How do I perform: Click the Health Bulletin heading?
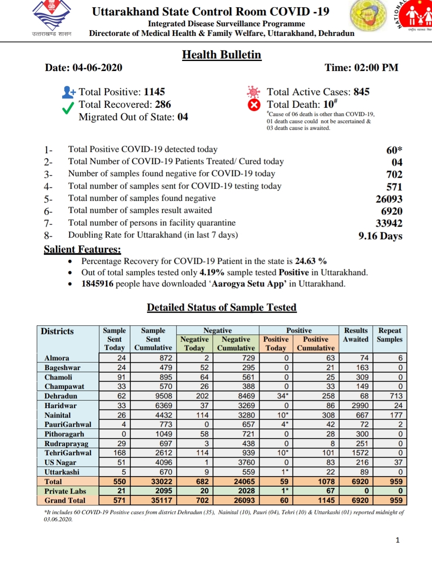click(x=222, y=55)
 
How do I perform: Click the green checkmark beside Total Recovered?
click(x=68, y=108)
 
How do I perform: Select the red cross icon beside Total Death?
click(x=254, y=105)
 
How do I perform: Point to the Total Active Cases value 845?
click(x=361, y=92)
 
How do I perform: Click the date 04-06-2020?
click(x=97, y=68)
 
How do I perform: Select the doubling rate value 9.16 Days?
click(x=380, y=236)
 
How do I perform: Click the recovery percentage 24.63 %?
click(x=311, y=261)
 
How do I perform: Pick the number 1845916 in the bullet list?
click(x=97, y=284)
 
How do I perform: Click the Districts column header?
click(x=57, y=331)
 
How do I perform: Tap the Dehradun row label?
click(x=61, y=396)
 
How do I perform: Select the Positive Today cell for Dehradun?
click(x=283, y=396)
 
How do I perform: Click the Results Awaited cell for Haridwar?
click(x=360, y=405)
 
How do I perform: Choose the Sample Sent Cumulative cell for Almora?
click(x=166, y=358)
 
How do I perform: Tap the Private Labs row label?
click(x=65, y=491)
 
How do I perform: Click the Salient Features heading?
click(x=82, y=249)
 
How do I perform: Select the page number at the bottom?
click(x=397, y=540)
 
